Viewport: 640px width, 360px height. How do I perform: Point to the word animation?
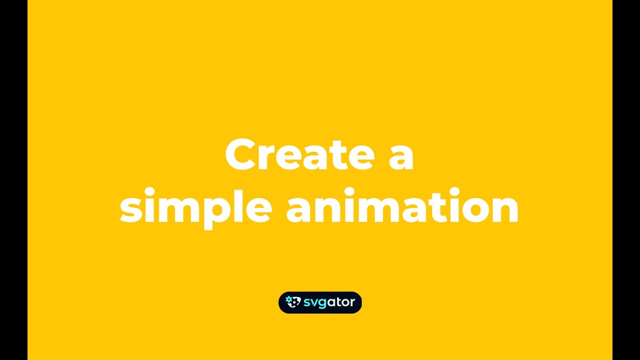pos(402,206)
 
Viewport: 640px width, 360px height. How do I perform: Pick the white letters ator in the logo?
pos(341,302)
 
